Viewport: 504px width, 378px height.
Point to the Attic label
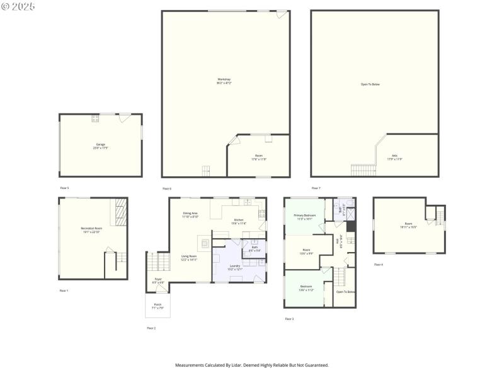point(394,157)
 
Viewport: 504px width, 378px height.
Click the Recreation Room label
point(91,229)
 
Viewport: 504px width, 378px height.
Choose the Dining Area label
point(190,215)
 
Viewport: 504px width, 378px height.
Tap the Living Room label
point(189,258)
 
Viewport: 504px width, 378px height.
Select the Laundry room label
point(234,267)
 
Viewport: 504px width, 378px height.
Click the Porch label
point(157,306)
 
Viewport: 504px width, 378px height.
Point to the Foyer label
point(158,280)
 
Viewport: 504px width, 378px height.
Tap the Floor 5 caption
point(64,188)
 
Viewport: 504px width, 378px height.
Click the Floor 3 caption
point(289,319)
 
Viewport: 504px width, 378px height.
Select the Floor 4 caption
point(378,265)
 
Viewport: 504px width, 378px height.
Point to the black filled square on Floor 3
point(351,226)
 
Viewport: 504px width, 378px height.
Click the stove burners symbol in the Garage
point(95,118)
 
